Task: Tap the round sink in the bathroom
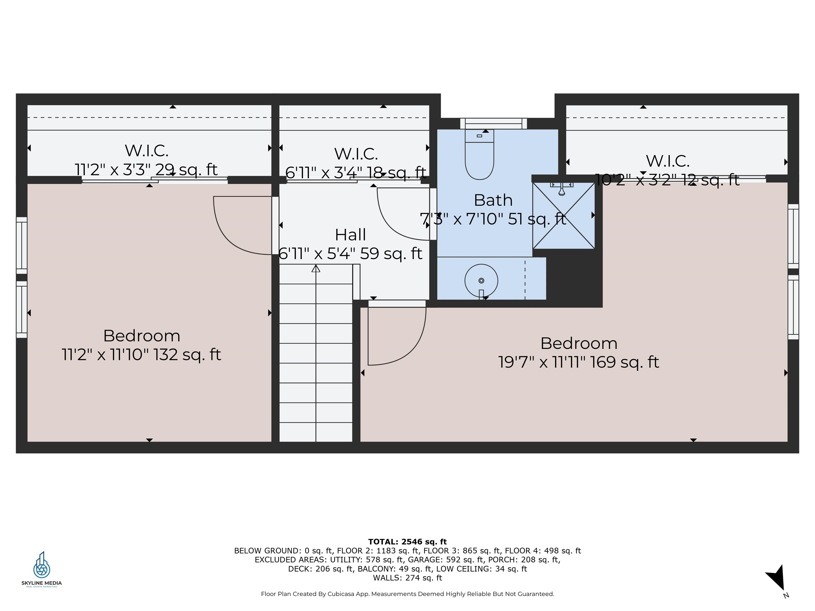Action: tap(481, 281)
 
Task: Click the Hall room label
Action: tap(350, 235)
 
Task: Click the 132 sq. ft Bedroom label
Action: tap(141, 336)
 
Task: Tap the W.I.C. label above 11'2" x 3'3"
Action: tap(147, 150)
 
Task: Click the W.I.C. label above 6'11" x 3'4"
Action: tap(356, 154)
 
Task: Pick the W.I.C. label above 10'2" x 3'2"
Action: tap(667, 161)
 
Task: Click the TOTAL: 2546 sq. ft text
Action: tap(407, 542)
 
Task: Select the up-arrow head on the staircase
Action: tap(316, 268)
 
